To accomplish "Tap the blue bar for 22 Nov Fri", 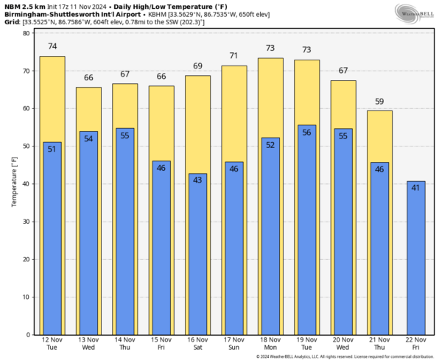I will (415, 258).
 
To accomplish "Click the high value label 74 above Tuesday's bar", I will (52, 46).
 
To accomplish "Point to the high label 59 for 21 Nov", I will (379, 102).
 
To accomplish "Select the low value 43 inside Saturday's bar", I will (197, 180).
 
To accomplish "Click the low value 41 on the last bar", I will (415, 188).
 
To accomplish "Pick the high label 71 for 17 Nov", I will (234, 56).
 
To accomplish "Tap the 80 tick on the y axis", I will (27, 33).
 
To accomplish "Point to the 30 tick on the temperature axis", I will (27, 222).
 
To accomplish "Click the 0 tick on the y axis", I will (29, 335).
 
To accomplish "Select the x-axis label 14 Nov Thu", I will (125, 344).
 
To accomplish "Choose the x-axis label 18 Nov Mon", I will (270, 344).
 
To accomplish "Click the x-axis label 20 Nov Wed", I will (343, 344).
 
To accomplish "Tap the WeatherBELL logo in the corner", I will (415, 13).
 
